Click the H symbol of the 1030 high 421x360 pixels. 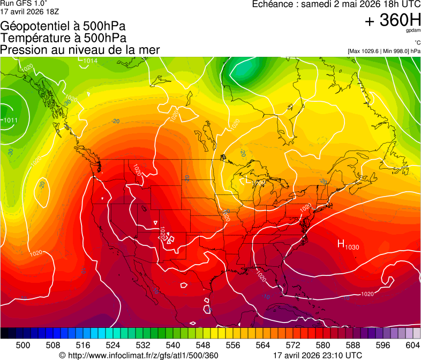pyautogui.click(x=341, y=244)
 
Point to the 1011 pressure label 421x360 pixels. pyautogui.click(x=10, y=119)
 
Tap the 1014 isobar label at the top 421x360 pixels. pyautogui.click(x=91, y=61)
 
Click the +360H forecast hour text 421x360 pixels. pyautogui.click(x=392, y=20)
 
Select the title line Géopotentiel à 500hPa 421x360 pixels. pyautogui.click(x=63, y=26)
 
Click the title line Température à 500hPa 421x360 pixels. pyautogui.click(x=63, y=37)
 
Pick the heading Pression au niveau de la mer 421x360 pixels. pyautogui.click(x=80, y=50)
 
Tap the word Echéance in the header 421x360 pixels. pyautogui.click(x=273, y=4)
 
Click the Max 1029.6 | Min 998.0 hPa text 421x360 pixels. pyautogui.click(x=384, y=51)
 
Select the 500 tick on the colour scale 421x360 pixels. pyautogui.click(x=23, y=344)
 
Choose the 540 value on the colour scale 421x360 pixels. pyautogui.click(x=173, y=344)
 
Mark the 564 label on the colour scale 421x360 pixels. pyautogui.click(x=263, y=344)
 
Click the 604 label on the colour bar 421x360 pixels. pyautogui.click(x=412, y=344)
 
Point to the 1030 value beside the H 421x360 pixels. pyautogui.click(x=352, y=247)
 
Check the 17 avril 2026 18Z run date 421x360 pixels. pyautogui.click(x=30, y=11)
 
